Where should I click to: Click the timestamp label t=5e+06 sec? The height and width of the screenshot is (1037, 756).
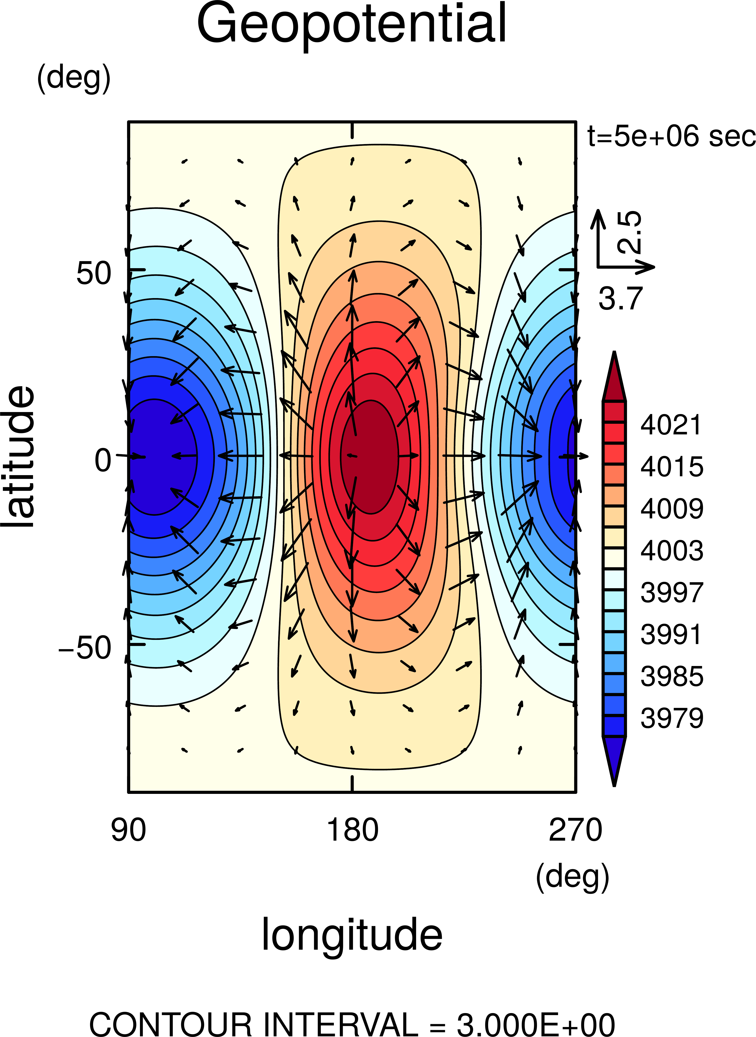click(671, 136)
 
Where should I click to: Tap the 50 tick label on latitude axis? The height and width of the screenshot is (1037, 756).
click(93, 273)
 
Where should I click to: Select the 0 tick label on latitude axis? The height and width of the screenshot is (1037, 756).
click(102, 460)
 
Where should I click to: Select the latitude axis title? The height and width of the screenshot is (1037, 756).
click(18, 457)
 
